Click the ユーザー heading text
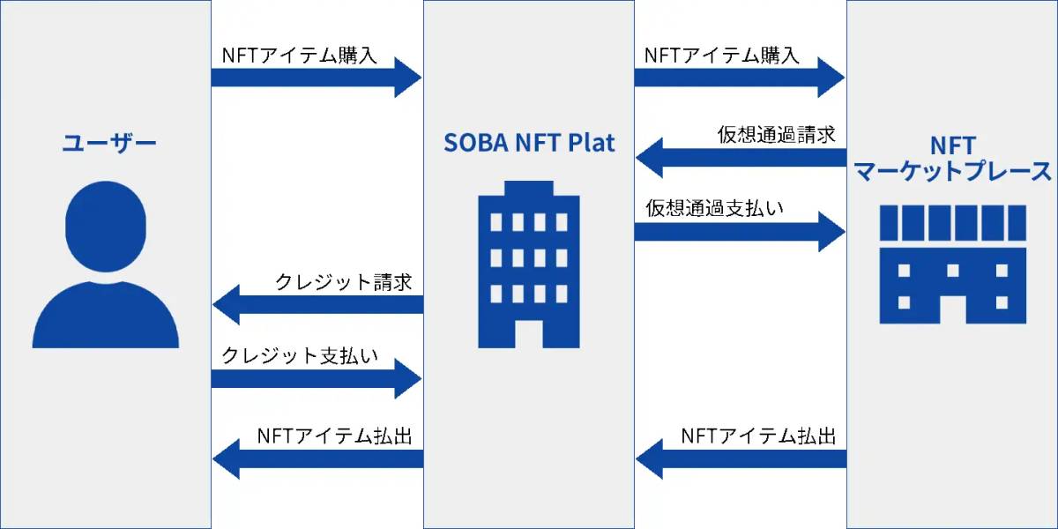[108, 143]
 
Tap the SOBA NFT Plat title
[529, 143]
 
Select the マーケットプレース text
[953, 171]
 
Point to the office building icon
[529, 264]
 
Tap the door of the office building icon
[529, 332]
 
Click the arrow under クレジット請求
[317, 305]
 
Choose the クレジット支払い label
[300, 356]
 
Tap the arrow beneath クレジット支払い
[317, 379]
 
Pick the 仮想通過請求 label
[776, 135]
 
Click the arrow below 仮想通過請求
[741, 158]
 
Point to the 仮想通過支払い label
[715, 209]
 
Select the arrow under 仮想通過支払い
[741, 231]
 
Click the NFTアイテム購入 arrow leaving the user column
[317, 77]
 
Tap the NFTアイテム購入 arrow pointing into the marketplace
[741, 77]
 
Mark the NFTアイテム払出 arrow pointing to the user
[317, 458]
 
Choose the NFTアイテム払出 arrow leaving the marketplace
[741, 458]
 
